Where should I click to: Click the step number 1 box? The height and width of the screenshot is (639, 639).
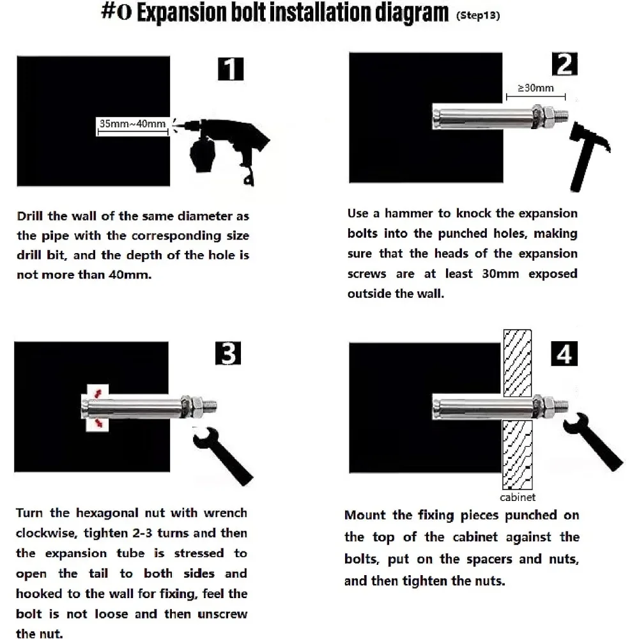(230, 69)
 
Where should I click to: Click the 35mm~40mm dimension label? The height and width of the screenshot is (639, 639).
(132, 123)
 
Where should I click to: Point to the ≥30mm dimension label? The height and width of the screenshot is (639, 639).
(535, 88)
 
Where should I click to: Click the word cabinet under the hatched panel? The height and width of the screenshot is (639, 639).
(517, 497)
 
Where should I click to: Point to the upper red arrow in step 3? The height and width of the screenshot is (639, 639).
(98, 391)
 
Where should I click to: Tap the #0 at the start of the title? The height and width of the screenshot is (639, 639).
(116, 14)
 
